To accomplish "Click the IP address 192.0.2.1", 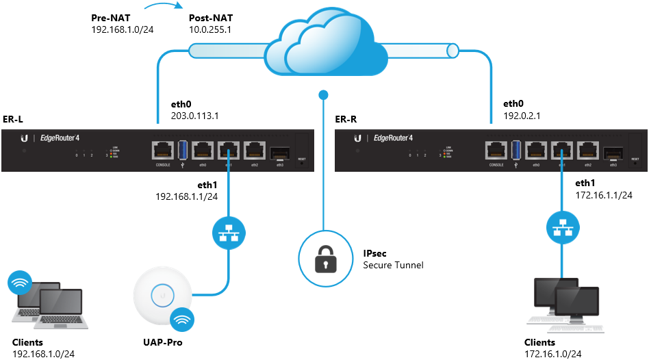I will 522,116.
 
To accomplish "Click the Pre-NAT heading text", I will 110,17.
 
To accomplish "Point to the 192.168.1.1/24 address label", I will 186,196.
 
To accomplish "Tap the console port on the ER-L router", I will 162,150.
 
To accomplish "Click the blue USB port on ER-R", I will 516,149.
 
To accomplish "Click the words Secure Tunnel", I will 393,266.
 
